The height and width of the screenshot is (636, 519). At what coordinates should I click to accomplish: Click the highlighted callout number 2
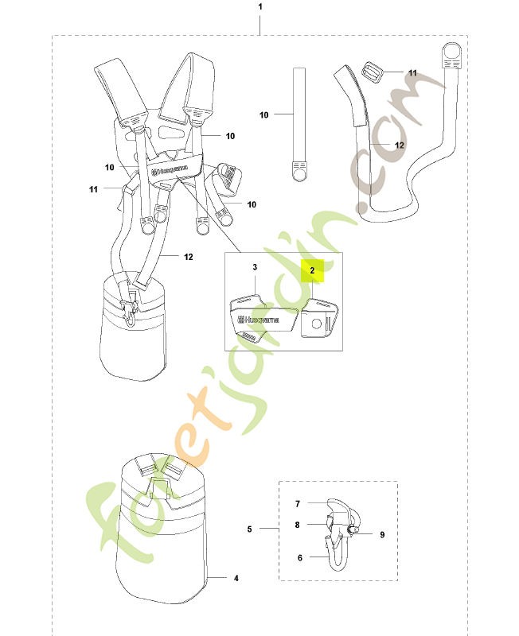312,270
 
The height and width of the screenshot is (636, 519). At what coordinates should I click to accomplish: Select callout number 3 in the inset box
255,267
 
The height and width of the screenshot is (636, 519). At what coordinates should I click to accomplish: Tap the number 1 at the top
260,7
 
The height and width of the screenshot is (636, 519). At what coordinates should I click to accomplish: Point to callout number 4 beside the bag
236,579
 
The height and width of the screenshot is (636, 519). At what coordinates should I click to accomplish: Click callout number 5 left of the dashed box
249,529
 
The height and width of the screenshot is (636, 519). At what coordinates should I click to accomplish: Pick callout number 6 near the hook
300,558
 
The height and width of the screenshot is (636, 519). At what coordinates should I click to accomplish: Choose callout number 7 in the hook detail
298,504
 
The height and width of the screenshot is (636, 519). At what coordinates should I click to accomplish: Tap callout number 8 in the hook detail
297,525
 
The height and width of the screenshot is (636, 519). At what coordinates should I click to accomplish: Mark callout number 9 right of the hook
382,534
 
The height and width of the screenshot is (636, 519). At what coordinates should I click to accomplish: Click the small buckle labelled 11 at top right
372,72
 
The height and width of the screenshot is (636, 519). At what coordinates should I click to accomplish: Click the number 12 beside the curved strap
400,145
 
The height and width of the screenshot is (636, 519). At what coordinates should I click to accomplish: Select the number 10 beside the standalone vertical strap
264,114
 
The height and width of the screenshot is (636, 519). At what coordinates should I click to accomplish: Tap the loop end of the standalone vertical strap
299,172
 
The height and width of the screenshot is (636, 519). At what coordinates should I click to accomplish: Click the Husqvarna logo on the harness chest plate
171,169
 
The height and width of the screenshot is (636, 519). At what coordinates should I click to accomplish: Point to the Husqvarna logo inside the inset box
258,320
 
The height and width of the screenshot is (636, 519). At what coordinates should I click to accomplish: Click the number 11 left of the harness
93,189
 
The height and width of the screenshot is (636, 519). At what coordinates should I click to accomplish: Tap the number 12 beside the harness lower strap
189,257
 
